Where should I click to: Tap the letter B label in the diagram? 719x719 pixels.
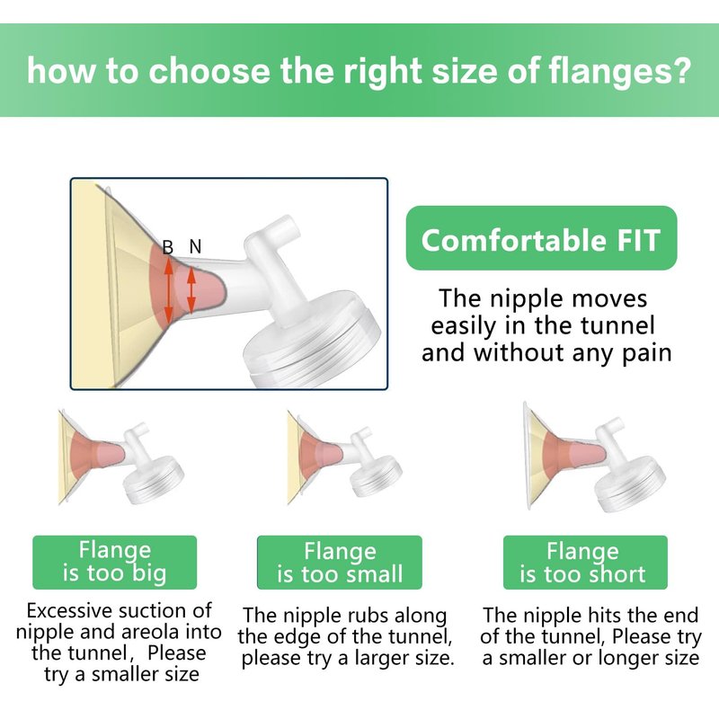pyautogui.click(x=168, y=248)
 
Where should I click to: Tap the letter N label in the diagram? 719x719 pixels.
pyautogui.click(x=195, y=246)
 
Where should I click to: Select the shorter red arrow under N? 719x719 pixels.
pyautogui.click(x=191, y=290)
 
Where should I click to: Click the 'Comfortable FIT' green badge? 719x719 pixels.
pyautogui.click(x=542, y=238)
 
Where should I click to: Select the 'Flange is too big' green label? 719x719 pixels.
pyautogui.click(x=115, y=563)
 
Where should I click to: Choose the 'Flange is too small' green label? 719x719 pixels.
pyautogui.click(x=340, y=563)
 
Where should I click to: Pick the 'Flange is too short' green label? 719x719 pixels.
pyautogui.click(x=585, y=563)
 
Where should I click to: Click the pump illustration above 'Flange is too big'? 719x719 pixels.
pyautogui.click(x=120, y=457)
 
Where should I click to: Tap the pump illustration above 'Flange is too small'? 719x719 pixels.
pyautogui.click(x=344, y=457)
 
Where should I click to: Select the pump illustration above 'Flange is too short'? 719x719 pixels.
pyautogui.click(x=594, y=457)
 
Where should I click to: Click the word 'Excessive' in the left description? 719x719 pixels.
pyautogui.click(x=62, y=611)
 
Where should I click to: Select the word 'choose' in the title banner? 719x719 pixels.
pyautogui.click(x=209, y=71)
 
